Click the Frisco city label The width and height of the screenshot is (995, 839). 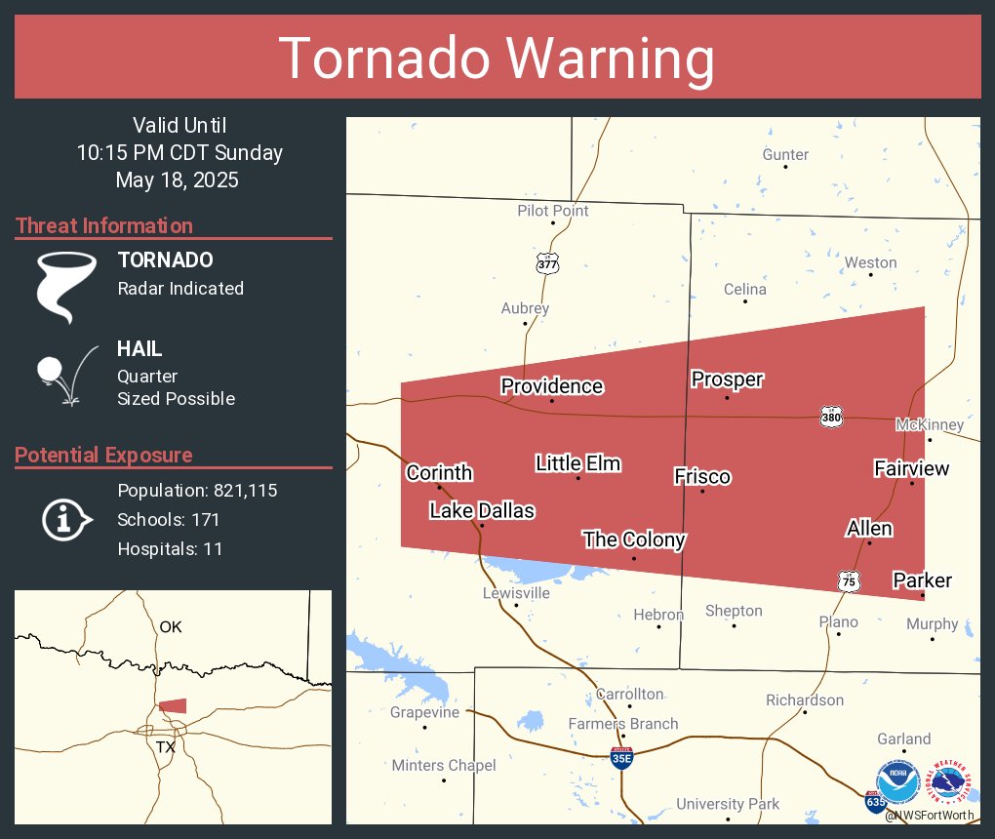[x=702, y=476]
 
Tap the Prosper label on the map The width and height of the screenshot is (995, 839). [x=727, y=380]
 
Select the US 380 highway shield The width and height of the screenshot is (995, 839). [x=831, y=418]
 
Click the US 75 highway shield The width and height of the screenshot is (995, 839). [x=849, y=581]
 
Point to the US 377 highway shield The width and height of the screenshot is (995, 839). [x=547, y=263]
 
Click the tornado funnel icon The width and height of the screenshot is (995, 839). [x=65, y=286]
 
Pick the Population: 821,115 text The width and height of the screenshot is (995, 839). [x=197, y=490]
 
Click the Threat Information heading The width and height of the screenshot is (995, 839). [x=104, y=225]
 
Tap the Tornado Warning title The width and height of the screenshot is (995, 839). [x=497, y=59]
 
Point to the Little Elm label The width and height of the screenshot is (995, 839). [x=577, y=463]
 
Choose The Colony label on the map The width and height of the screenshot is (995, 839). [x=634, y=539]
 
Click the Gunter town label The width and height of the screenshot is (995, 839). [x=785, y=154]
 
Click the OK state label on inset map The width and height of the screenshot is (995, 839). [x=171, y=626]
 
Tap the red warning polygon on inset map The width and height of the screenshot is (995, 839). [x=173, y=705]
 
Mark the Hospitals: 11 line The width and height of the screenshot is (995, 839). [x=170, y=549]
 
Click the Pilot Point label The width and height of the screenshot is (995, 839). [x=552, y=210]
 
